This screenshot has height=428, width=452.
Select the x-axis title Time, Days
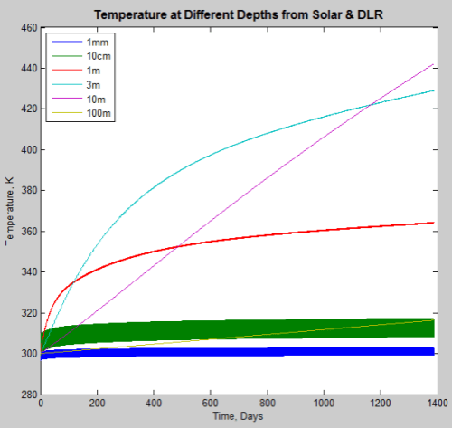(x=240, y=415)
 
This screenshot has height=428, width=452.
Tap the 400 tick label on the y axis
(x=26, y=150)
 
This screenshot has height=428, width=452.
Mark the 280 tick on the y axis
(x=26, y=395)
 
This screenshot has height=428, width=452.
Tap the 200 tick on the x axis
(x=98, y=404)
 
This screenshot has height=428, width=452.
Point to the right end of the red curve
(x=433, y=223)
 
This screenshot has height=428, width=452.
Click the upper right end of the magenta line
(x=433, y=64)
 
